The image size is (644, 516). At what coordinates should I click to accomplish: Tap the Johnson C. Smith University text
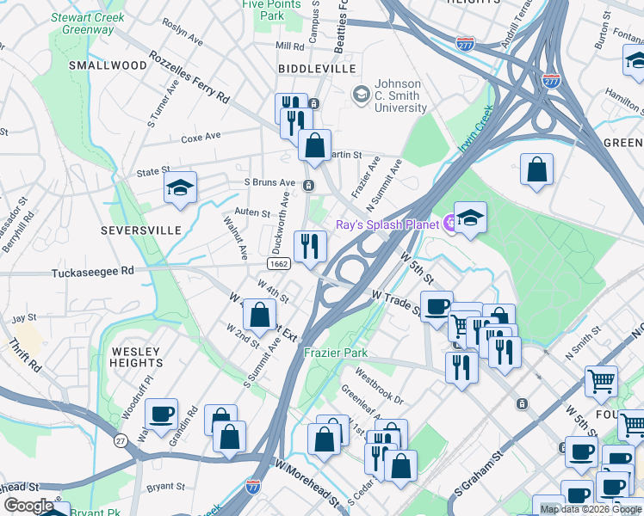pyautogui.click(x=400, y=95)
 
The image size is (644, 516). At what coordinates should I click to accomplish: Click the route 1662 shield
pyautogui.click(x=277, y=264)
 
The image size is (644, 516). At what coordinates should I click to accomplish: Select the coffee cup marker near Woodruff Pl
pyautogui.click(x=161, y=415)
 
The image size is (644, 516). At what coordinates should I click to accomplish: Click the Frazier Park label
pyautogui.click(x=335, y=353)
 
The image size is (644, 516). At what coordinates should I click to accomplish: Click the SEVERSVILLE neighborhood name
pyautogui.click(x=141, y=230)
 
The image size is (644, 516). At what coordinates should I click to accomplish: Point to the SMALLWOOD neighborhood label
pyautogui.click(x=108, y=65)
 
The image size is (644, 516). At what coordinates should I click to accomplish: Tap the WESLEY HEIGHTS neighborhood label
pyautogui.click(x=136, y=357)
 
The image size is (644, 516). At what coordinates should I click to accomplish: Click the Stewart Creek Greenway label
pyautogui.click(x=88, y=23)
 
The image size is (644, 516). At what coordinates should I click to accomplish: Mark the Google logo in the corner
pyautogui.click(x=28, y=506)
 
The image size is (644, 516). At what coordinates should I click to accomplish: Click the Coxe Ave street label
pyautogui.click(x=201, y=136)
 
